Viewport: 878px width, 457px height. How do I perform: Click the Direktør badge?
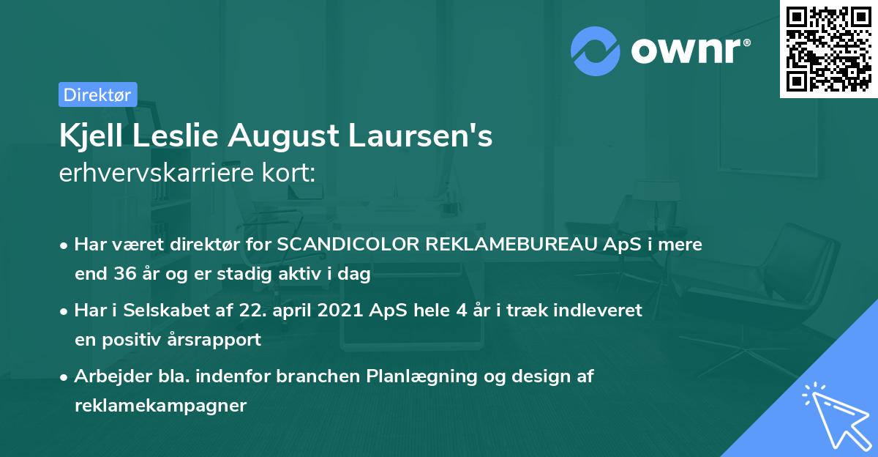(x=97, y=94)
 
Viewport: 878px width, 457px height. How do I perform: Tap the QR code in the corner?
(x=828, y=48)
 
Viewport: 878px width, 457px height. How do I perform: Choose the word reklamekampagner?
(x=160, y=406)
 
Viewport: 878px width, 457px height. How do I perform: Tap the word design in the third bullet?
(x=537, y=376)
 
